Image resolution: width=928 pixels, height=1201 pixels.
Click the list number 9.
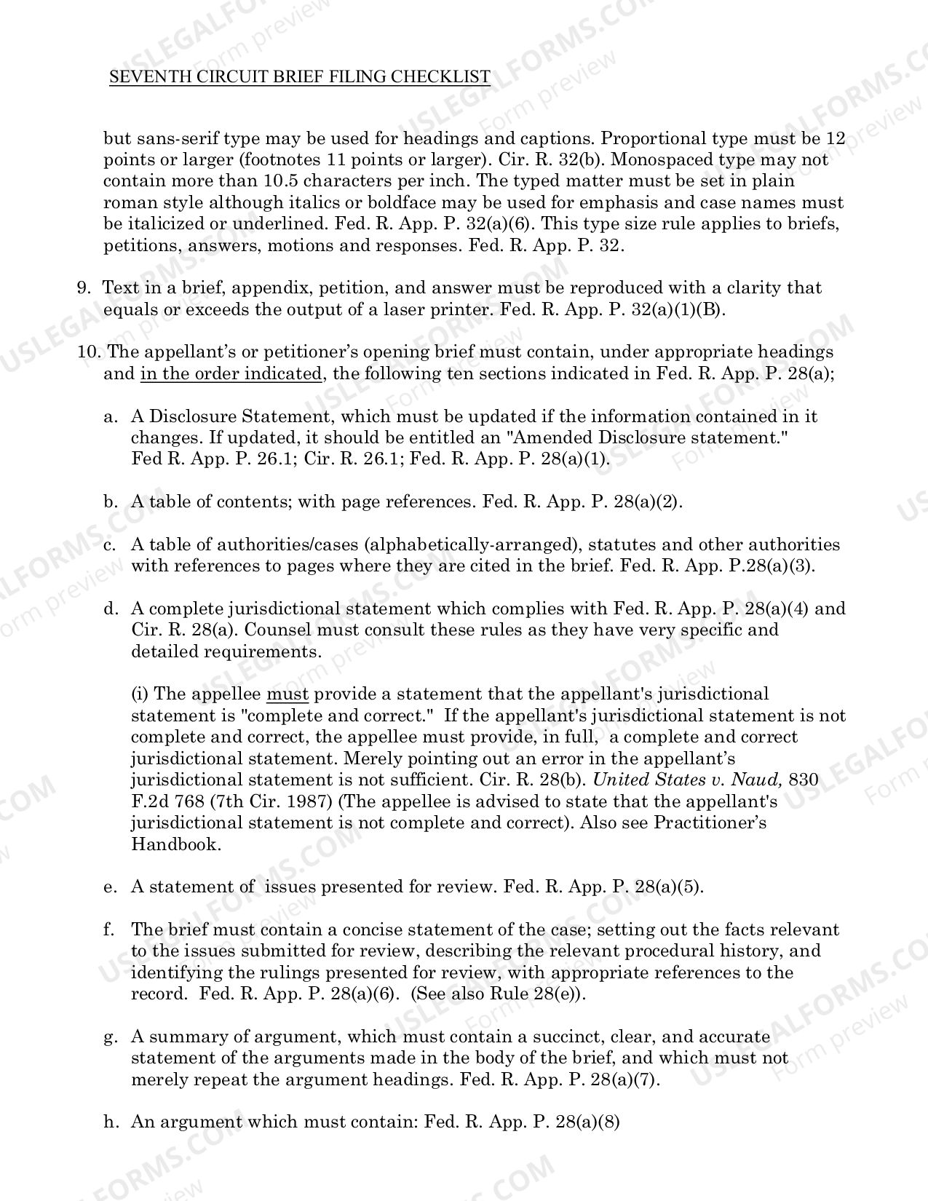[83, 288]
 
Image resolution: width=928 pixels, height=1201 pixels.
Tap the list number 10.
[89, 352]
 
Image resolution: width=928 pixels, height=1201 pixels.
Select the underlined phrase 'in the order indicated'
[231, 374]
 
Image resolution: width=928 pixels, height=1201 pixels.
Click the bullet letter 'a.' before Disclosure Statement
[111, 417]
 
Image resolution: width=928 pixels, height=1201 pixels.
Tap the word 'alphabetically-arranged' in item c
[471, 545]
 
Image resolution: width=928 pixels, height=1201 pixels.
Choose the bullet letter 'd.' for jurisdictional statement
[111, 609]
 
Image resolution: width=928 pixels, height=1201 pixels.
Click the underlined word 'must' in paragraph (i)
[287, 694]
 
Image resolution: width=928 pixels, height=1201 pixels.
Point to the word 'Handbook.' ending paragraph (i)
[176, 844]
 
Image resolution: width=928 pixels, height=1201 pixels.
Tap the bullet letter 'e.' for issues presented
[111, 887]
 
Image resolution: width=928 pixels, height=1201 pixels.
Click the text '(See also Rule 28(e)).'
[499, 994]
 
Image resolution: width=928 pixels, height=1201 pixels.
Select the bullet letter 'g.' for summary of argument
[111, 1037]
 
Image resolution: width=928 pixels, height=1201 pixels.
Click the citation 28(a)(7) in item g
[625, 1080]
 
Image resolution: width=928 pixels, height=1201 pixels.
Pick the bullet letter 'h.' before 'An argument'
[111, 1122]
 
